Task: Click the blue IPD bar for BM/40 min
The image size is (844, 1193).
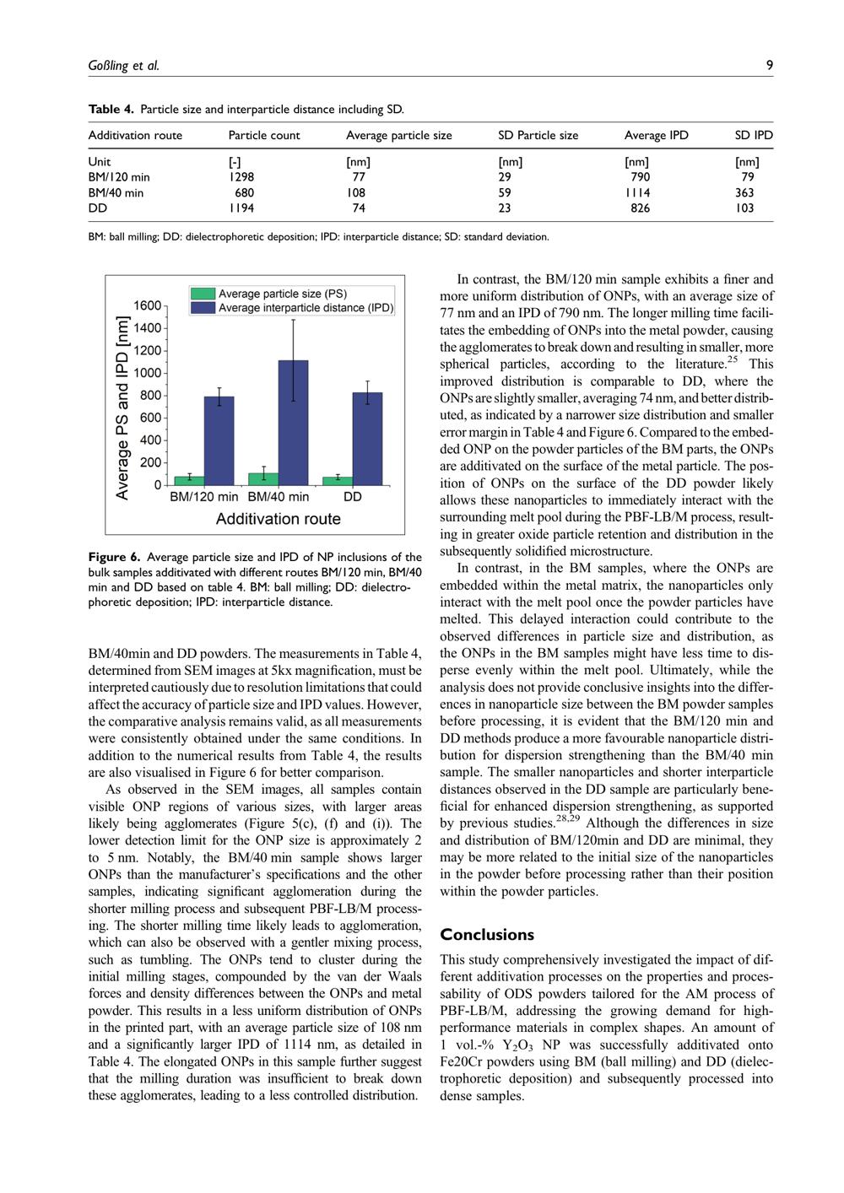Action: point(293,422)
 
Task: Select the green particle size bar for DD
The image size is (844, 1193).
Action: point(338,481)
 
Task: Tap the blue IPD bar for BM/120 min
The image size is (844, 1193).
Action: point(219,440)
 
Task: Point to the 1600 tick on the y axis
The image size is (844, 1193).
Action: point(148,305)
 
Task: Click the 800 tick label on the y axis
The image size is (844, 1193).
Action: point(149,396)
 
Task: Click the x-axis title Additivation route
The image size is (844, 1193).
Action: point(279,519)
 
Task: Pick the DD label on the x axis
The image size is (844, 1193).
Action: point(353,497)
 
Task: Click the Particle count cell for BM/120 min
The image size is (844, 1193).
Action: point(241,177)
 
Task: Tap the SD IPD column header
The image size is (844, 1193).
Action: point(754,135)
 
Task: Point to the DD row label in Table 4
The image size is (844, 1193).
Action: point(97,208)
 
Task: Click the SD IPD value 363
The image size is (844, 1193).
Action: point(744,192)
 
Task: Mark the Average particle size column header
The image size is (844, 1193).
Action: point(398,135)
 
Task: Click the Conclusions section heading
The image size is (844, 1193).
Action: point(487,935)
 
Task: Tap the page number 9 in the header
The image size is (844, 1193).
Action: point(770,65)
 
